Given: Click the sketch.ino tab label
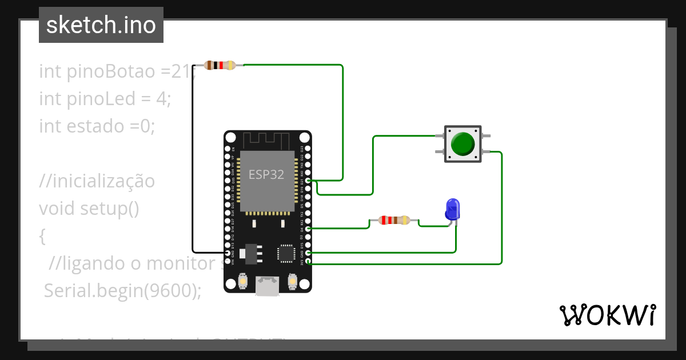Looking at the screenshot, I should point(101,25).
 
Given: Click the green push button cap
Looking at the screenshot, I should point(462,144).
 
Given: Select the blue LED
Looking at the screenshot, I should point(452,210).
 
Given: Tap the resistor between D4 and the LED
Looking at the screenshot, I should point(394,220).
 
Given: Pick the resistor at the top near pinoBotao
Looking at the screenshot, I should point(220,65).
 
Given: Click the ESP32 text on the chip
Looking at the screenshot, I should point(266,175).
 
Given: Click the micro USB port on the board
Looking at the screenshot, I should point(268,285).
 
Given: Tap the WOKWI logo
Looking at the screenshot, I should point(607,315).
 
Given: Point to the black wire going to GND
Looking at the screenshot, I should point(193,171).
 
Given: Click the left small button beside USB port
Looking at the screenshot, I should point(243,282).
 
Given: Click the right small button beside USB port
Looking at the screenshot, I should point(292,282).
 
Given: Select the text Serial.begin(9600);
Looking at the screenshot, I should point(123,290).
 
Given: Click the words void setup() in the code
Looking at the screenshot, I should point(89,208).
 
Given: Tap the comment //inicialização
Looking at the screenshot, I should point(97,181).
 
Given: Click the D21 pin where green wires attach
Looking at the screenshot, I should point(308,181).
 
